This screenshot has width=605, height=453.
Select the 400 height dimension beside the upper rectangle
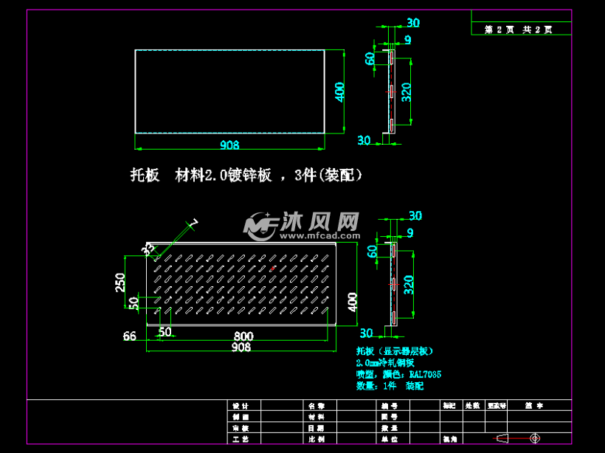tap(340, 92)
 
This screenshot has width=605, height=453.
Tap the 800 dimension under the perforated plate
tap(243, 336)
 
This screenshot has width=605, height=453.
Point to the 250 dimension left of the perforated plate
tap(120, 282)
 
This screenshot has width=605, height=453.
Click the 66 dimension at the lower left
tap(130, 336)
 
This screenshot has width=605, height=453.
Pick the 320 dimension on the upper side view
tap(406, 92)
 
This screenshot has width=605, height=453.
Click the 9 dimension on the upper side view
tap(408, 40)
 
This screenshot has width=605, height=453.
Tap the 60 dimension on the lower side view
tap(373, 251)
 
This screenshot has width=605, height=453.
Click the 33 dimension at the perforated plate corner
tap(149, 249)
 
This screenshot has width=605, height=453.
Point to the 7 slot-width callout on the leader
tap(194, 222)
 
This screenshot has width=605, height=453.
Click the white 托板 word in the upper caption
tap(145, 175)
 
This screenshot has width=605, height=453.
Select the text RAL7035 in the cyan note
tap(425, 374)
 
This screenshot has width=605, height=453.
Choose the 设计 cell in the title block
tap(241, 406)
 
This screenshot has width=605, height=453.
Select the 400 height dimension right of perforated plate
tap(352, 301)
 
